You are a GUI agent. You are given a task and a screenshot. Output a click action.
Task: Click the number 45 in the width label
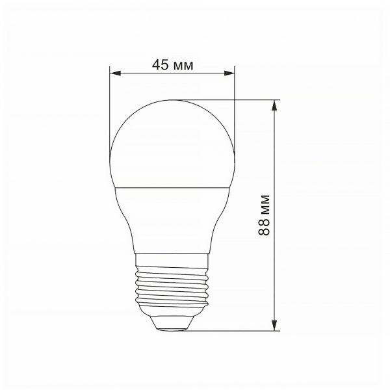[160, 64]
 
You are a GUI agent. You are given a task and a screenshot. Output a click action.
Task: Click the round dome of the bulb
[172, 143]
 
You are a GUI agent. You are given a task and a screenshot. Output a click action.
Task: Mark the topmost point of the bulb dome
[172, 100]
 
